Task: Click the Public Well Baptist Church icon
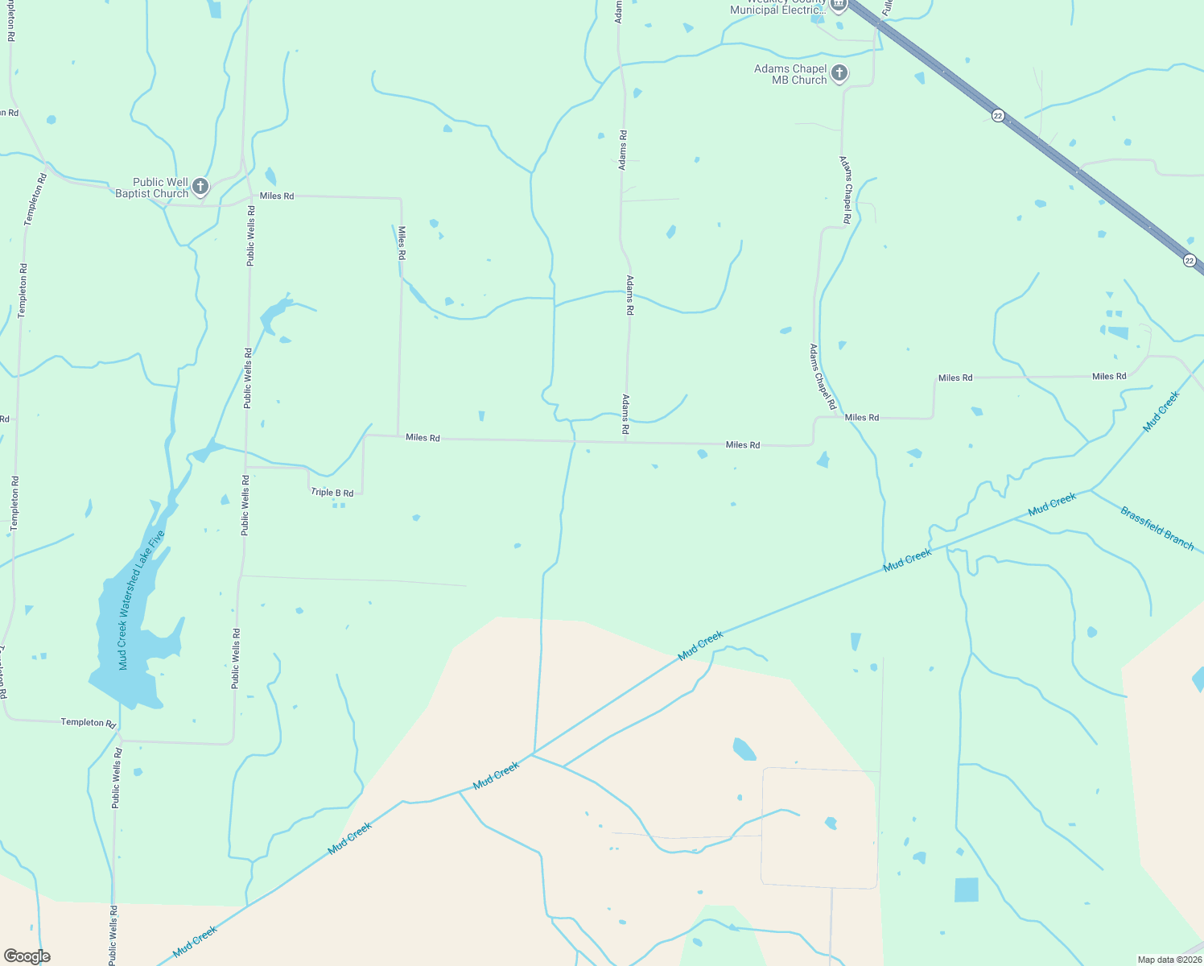(x=200, y=188)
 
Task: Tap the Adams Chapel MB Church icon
(x=839, y=74)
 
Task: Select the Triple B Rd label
(x=332, y=493)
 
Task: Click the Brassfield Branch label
(x=1157, y=528)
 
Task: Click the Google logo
(x=27, y=956)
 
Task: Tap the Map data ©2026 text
(x=1169, y=960)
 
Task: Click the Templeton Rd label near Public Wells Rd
(x=89, y=722)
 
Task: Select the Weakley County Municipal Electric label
(x=777, y=7)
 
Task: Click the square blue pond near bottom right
(x=967, y=890)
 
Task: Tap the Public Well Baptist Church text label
(x=152, y=188)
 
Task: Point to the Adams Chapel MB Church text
(x=790, y=74)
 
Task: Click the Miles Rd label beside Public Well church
(x=277, y=196)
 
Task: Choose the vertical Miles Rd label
(x=402, y=242)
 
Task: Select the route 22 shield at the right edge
(x=1190, y=260)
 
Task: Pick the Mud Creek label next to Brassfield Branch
(x=1052, y=505)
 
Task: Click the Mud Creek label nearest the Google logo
(x=196, y=942)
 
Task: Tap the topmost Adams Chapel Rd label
(x=846, y=190)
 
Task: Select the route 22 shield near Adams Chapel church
(x=998, y=116)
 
